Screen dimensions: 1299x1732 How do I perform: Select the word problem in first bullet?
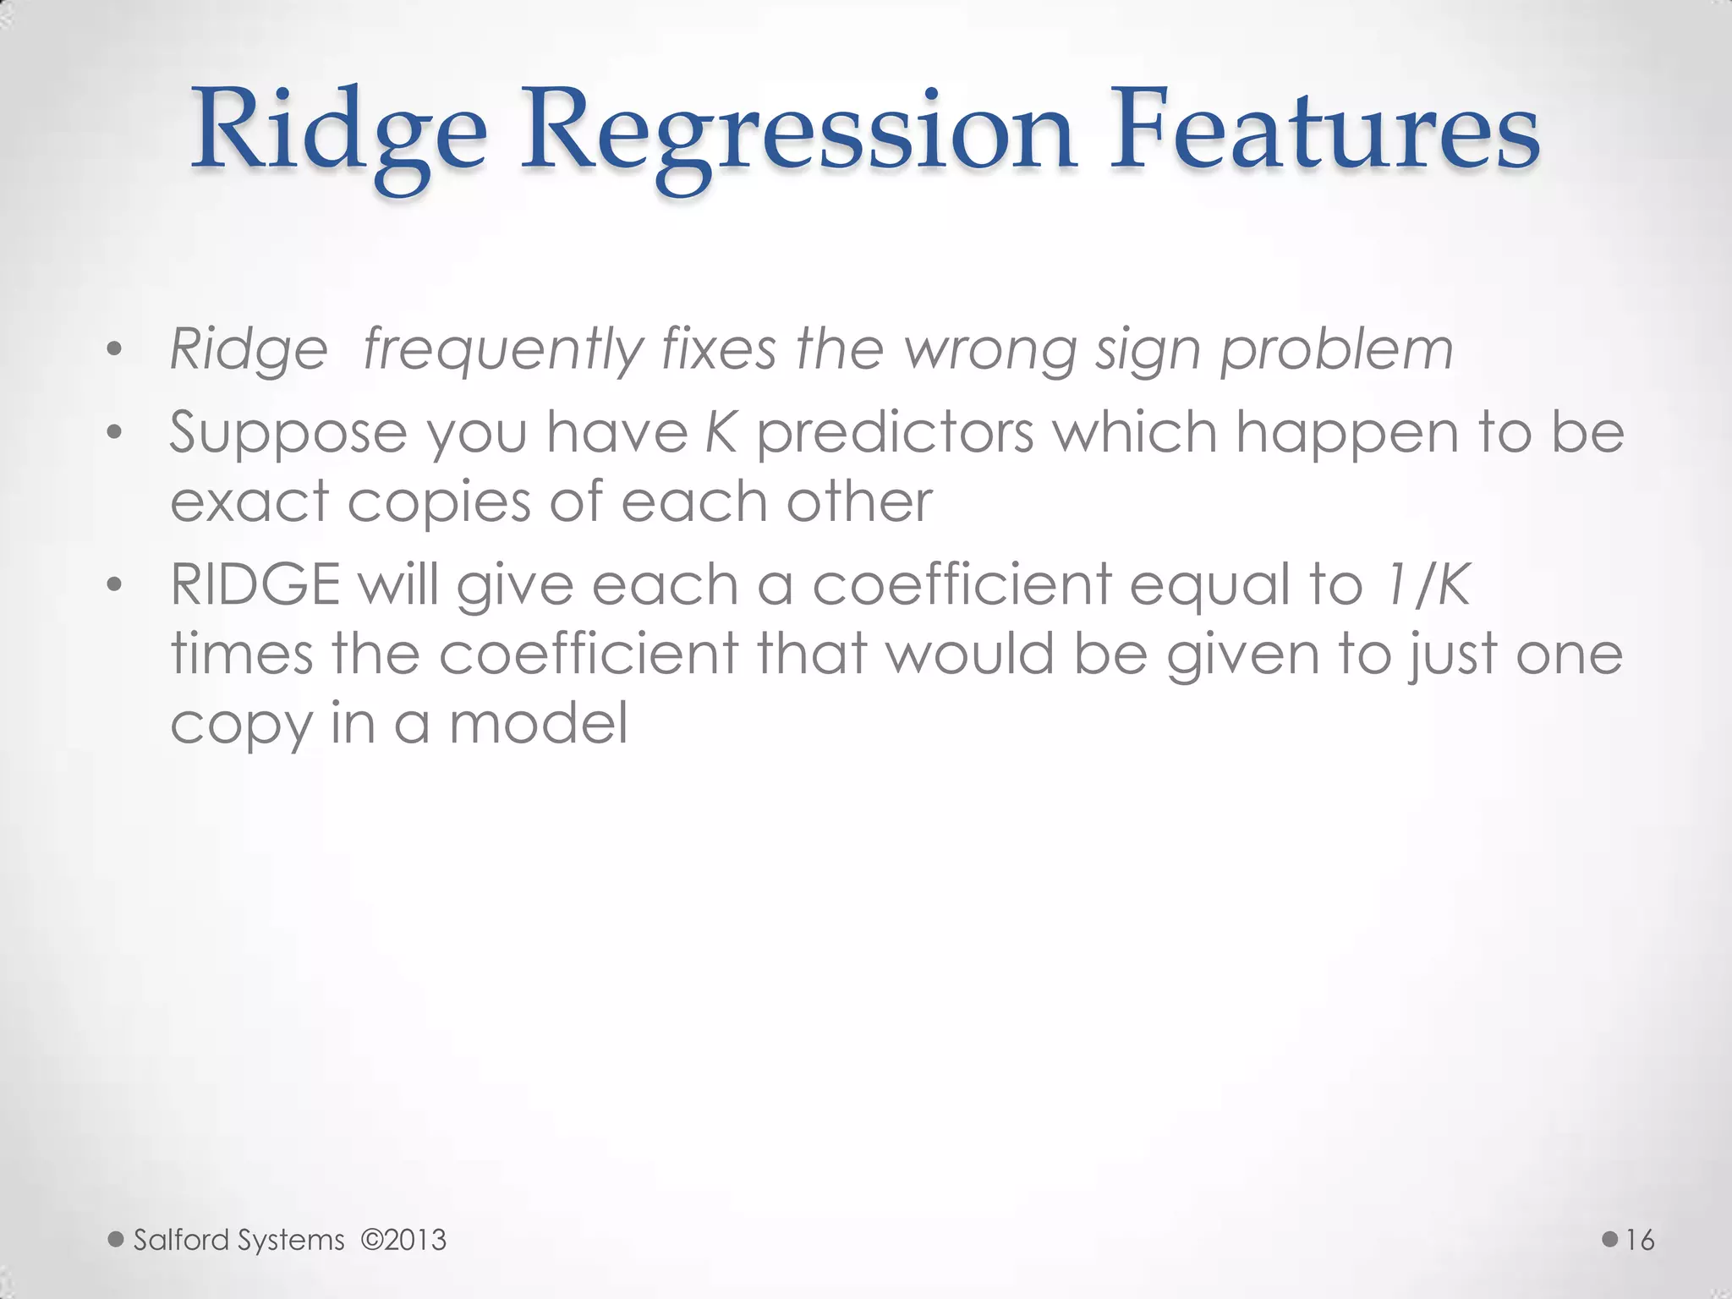[x=1336, y=349]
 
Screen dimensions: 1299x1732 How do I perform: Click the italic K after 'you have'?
[x=721, y=432]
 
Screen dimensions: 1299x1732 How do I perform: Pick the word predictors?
[x=895, y=432]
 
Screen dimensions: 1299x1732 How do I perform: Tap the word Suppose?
[x=288, y=432]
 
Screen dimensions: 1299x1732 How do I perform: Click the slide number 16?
[x=1640, y=1241]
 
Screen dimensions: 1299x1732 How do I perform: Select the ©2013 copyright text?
[x=403, y=1241]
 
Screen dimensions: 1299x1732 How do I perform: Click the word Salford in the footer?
[x=181, y=1241]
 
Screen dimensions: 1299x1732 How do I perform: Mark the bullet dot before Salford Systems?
[x=116, y=1241]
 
